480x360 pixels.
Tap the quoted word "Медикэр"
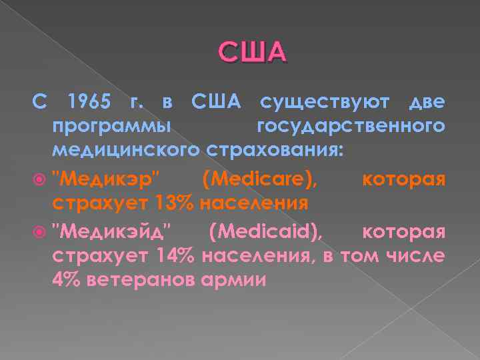point(107,179)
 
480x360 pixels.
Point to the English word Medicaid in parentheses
point(266,233)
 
